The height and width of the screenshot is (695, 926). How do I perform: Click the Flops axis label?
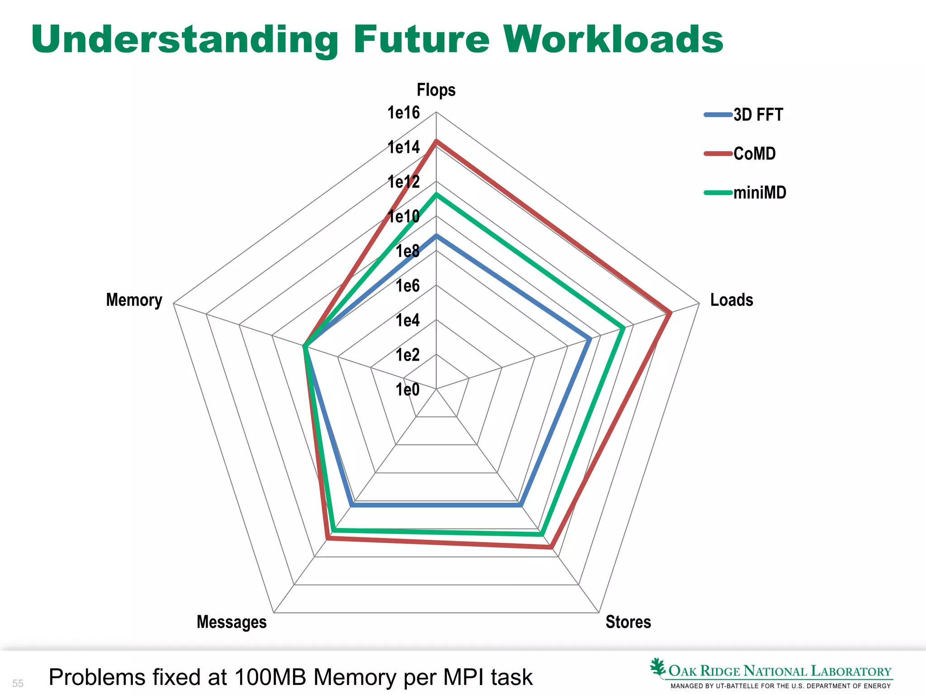[436, 90]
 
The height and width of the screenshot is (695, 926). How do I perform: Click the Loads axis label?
[731, 300]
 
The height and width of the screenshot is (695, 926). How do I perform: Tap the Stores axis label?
[628, 622]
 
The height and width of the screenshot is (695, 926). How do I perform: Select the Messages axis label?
[231, 622]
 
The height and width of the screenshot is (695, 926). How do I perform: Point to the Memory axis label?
[134, 300]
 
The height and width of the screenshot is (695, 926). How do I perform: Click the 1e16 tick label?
[403, 113]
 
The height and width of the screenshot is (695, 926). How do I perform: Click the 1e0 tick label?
[407, 390]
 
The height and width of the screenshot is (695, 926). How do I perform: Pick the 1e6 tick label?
[407, 286]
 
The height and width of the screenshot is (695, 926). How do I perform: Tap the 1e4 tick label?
[407, 320]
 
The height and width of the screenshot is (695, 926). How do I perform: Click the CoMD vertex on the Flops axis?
[436, 141]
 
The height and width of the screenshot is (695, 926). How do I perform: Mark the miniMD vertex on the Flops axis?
[436, 195]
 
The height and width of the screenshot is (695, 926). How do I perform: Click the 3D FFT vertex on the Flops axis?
[436, 235]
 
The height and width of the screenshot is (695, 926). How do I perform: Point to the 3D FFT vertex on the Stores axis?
[521, 505]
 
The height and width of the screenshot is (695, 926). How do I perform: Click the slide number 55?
[18, 683]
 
